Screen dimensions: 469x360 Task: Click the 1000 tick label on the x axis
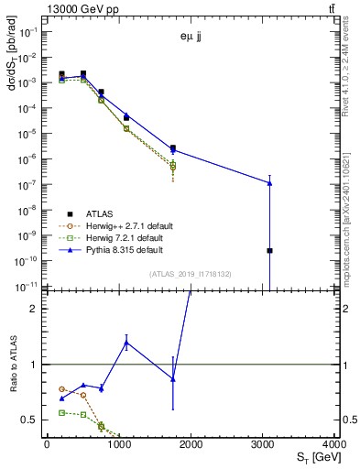pyautogui.click(x=119, y=445)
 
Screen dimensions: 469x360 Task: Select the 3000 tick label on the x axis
pyautogui.click(x=264, y=445)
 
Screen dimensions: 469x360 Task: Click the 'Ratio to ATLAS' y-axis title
pyautogui.click(x=14, y=365)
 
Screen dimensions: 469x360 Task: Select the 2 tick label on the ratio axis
pyautogui.click(x=37, y=309)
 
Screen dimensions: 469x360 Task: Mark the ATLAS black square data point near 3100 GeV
pyautogui.click(x=269, y=250)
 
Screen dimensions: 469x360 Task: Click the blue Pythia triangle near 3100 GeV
pyautogui.click(x=269, y=183)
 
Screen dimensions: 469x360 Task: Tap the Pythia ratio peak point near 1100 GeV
pyautogui.click(x=126, y=343)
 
